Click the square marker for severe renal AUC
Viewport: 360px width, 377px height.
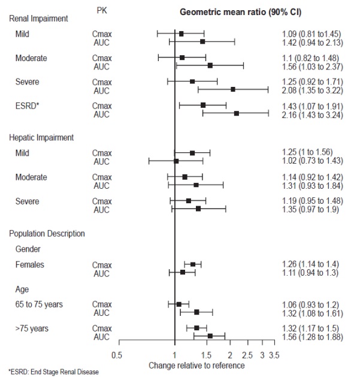click(232, 89)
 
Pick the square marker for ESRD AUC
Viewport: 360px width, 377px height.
click(237, 113)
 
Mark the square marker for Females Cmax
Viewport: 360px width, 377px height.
click(193, 264)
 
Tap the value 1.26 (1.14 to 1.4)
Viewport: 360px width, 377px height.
click(302, 264)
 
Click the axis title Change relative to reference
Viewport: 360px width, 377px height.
click(196, 364)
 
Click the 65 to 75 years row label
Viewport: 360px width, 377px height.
click(39, 304)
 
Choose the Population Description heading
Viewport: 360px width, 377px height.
click(47, 233)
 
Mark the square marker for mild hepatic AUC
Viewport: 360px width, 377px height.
click(176, 161)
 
